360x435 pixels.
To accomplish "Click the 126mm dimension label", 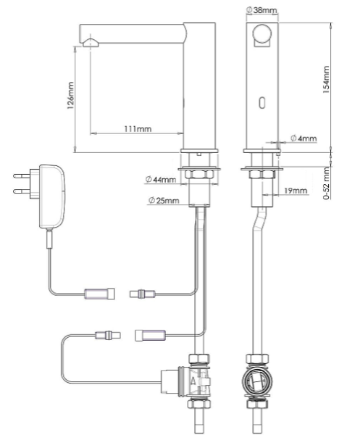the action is pyautogui.click(x=71, y=96).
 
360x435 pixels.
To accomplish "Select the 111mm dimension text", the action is pyautogui.click(x=138, y=129).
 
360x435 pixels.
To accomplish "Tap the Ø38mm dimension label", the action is pyautogui.click(x=261, y=10).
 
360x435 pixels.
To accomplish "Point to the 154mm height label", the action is pyautogui.click(x=327, y=80).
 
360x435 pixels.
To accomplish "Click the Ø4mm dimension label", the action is pyautogui.click(x=304, y=138).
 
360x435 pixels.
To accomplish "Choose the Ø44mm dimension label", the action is pyautogui.click(x=161, y=180).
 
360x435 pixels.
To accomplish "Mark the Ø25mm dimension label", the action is pyautogui.click(x=164, y=200).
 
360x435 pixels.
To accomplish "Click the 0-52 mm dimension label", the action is pyautogui.click(x=327, y=183).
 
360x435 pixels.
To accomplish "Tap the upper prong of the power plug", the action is pyautogui.click(x=22, y=175).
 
